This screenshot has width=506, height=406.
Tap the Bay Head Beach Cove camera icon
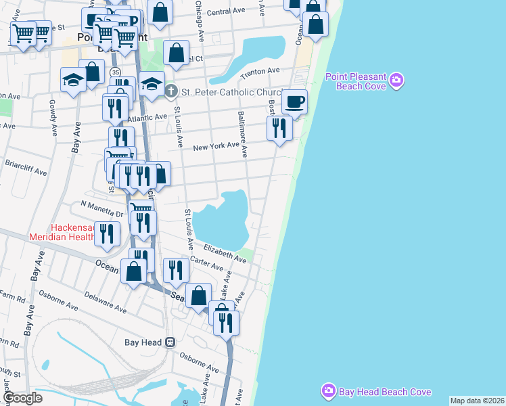point(329,390)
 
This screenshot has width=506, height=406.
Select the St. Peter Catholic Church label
point(230,92)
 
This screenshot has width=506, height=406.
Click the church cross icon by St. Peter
point(171,91)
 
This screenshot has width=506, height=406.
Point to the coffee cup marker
point(294,102)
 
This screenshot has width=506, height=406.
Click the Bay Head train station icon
point(171,342)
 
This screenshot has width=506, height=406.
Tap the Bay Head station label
point(143,342)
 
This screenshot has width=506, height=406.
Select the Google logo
point(22,398)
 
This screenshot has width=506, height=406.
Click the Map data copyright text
point(477,401)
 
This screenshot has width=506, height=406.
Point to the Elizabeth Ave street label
point(225,253)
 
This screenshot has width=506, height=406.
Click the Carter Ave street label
point(207,265)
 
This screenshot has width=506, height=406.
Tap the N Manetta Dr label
point(102,208)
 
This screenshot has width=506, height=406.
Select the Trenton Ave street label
point(264,71)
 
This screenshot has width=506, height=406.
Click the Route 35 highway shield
point(116,72)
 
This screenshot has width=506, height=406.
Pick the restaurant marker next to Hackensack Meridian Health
point(107,233)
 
